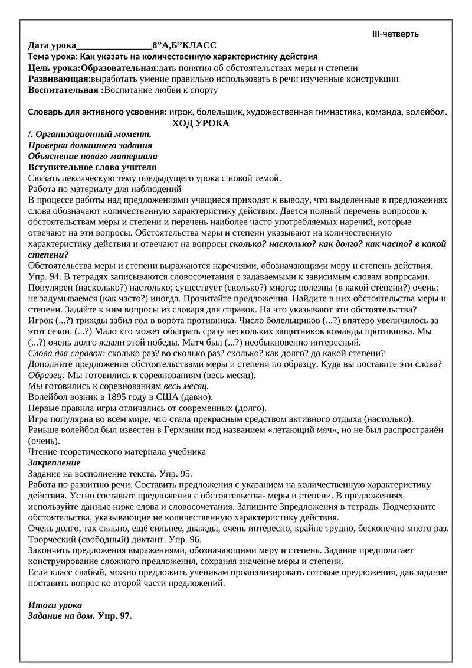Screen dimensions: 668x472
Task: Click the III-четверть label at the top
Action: pos(395,34)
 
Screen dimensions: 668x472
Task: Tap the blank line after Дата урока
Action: pos(114,46)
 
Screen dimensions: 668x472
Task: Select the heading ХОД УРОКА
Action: pos(201,123)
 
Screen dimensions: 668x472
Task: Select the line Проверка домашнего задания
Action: pos(90,145)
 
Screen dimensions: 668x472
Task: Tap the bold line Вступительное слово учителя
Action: pos(92,167)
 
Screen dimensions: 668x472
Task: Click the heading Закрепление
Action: pos(54,462)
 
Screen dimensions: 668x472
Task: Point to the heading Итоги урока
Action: pos(55,605)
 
